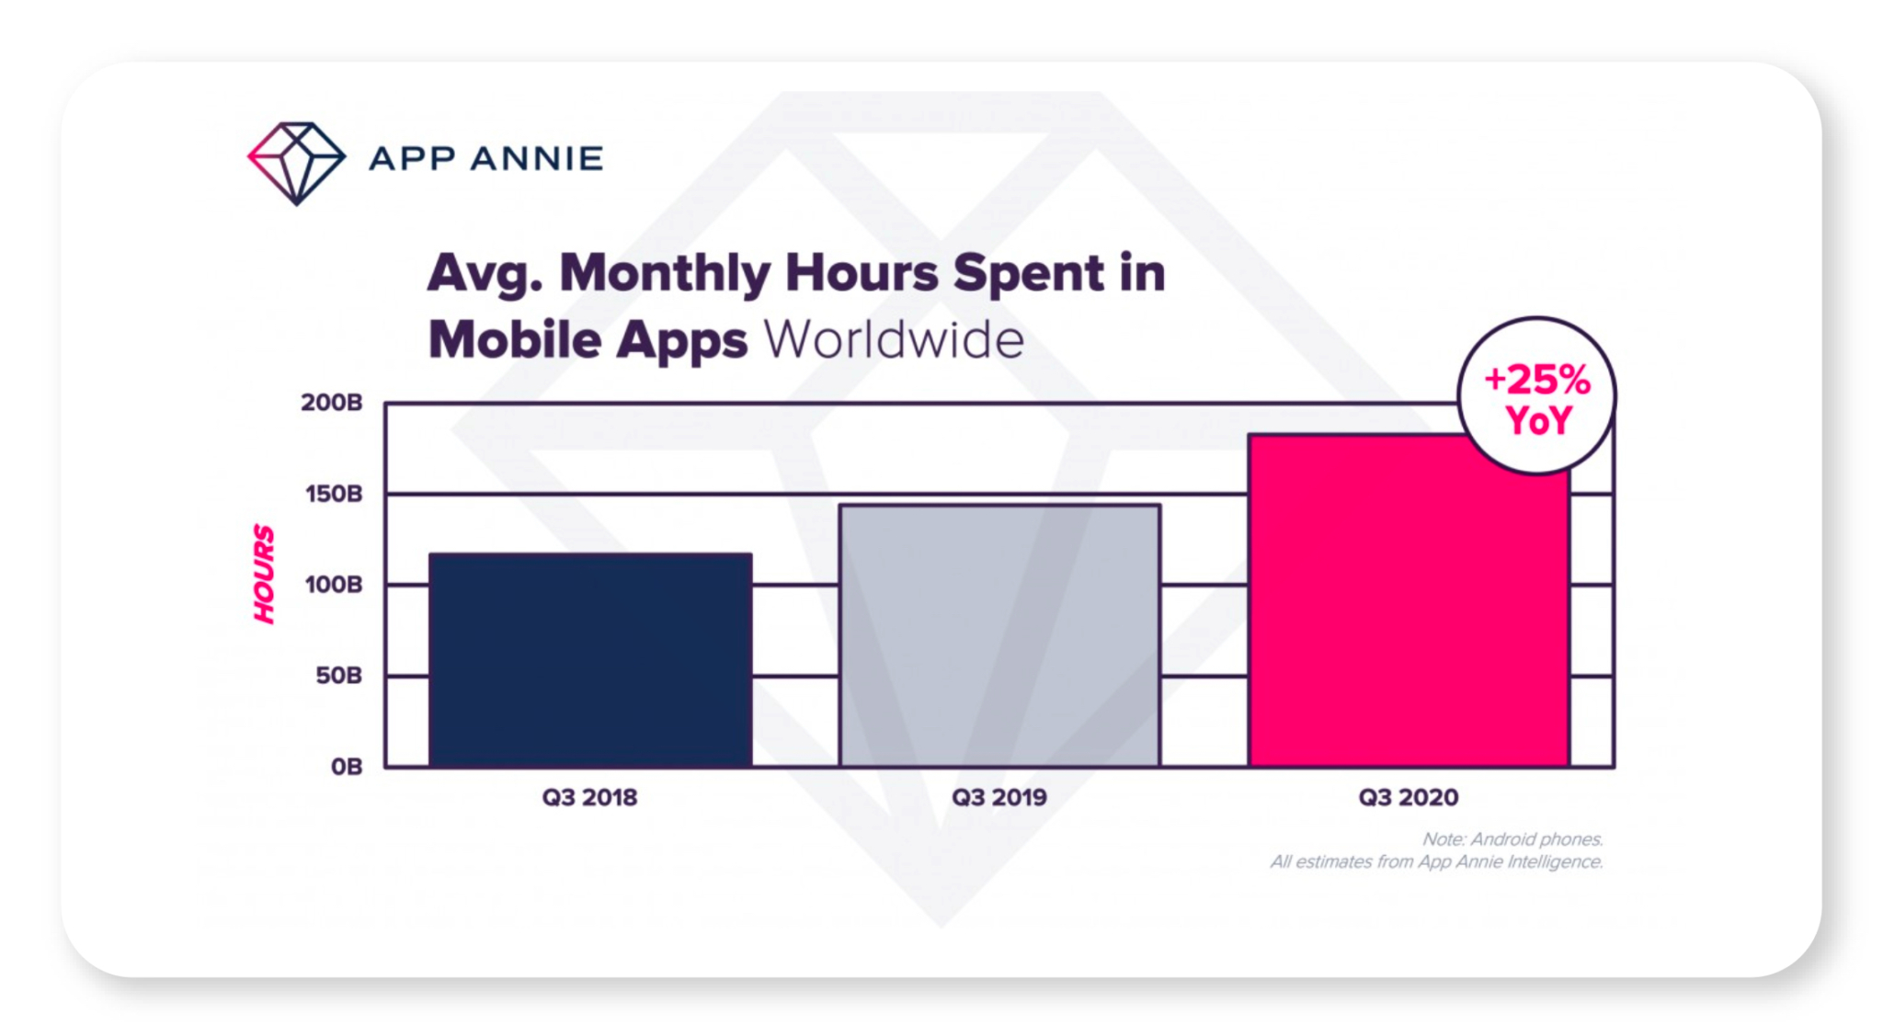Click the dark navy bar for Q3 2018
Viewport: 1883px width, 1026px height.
(590, 660)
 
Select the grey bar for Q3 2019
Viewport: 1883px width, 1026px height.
(999, 635)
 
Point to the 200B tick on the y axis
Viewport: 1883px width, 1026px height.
(332, 403)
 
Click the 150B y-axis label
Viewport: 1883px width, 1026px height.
(334, 494)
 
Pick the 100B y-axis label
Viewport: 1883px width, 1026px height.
(334, 585)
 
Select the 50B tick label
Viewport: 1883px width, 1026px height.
(338, 676)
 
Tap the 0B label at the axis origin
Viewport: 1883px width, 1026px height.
(347, 766)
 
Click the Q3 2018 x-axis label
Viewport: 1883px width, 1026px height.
(589, 797)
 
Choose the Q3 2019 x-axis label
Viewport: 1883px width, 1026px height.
(999, 797)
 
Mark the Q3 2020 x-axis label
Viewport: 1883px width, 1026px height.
(1409, 797)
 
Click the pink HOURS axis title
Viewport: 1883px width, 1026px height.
(264, 574)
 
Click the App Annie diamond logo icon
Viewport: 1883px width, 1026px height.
(296, 162)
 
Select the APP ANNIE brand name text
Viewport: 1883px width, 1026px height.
(486, 159)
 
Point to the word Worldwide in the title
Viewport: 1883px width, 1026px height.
(894, 339)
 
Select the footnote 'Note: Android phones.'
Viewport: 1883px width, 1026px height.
(1512, 838)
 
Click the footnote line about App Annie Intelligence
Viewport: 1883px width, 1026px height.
(1437, 861)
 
